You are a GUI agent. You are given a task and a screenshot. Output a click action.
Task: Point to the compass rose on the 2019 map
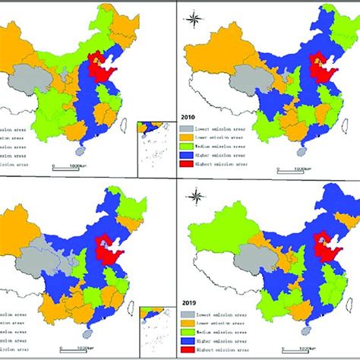click(195, 199)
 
